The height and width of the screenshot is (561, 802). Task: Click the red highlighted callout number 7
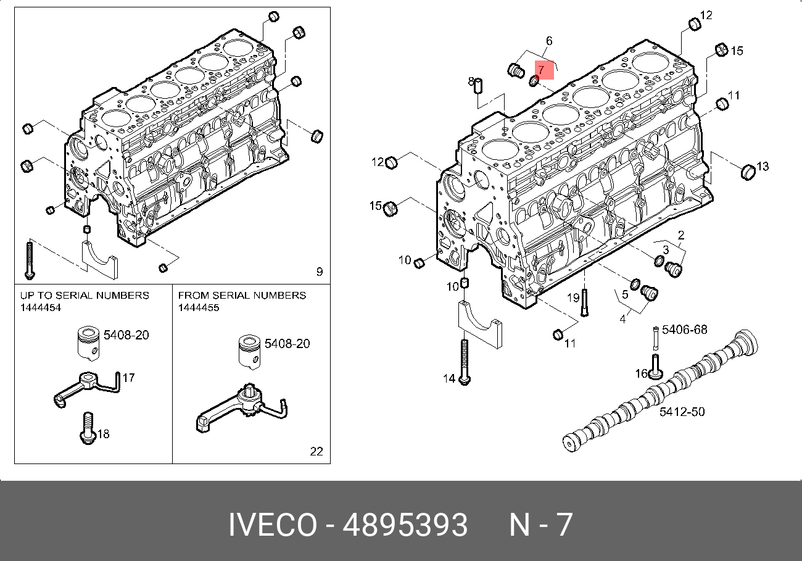[541, 70]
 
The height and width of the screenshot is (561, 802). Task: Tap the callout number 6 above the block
[548, 41]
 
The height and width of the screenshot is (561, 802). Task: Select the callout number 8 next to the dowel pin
[471, 81]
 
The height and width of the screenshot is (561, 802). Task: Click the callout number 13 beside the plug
[763, 166]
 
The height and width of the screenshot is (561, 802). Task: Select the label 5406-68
[684, 330]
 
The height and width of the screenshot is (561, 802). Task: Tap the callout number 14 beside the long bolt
[448, 378]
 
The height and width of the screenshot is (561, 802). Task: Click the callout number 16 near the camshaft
[641, 373]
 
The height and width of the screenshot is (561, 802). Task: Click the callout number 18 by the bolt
[103, 434]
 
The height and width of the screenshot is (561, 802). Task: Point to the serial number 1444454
[41, 307]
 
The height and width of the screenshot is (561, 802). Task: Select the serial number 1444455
[199, 307]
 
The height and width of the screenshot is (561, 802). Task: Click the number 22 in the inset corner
[316, 451]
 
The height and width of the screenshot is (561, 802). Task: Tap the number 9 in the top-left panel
[319, 272]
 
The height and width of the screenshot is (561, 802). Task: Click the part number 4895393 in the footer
[405, 525]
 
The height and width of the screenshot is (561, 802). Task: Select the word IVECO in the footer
[272, 525]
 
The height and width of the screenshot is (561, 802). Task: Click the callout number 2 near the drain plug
[681, 235]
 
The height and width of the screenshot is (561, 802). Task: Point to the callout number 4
[622, 319]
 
